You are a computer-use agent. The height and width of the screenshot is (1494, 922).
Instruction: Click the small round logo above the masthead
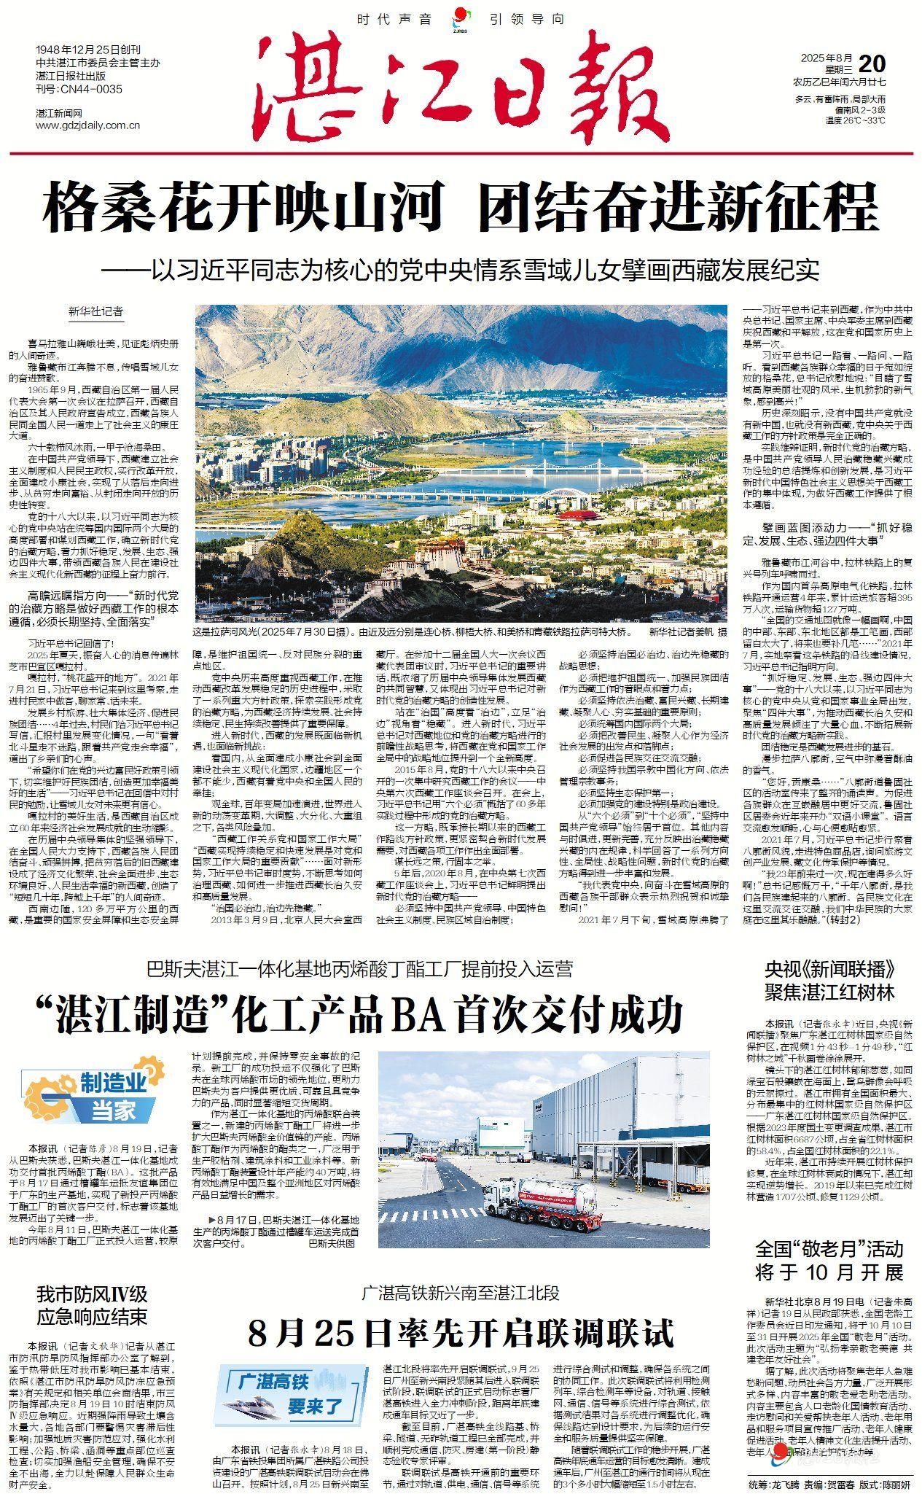pyautogui.click(x=460, y=17)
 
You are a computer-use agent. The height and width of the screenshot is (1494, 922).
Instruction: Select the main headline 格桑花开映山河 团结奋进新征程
pyautogui.click(x=461, y=209)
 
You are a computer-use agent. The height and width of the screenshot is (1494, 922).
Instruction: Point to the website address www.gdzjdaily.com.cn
pyautogui.click(x=88, y=125)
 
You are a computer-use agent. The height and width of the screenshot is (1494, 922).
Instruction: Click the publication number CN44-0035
pyautogui.click(x=79, y=90)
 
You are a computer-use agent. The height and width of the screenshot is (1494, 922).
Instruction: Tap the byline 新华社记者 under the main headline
pyautogui.click(x=96, y=311)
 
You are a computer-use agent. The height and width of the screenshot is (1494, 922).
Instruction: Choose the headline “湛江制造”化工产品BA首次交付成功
pyautogui.click(x=362, y=1013)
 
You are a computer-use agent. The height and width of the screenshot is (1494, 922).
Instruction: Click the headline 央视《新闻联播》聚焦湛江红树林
pyautogui.click(x=829, y=981)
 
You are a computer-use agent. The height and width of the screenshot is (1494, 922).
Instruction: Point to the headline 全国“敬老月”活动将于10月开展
pyautogui.click(x=829, y=1261)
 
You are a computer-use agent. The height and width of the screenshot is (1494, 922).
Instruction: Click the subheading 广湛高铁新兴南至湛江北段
pyautogui.click(x=461, y=1293)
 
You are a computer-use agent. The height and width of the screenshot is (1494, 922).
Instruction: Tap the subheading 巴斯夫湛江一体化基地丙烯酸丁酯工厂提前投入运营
pyautogui.click(x=360, y=969)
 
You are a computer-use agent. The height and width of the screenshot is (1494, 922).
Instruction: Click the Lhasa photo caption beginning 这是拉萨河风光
pyautogui.click(x=412, y=631)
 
